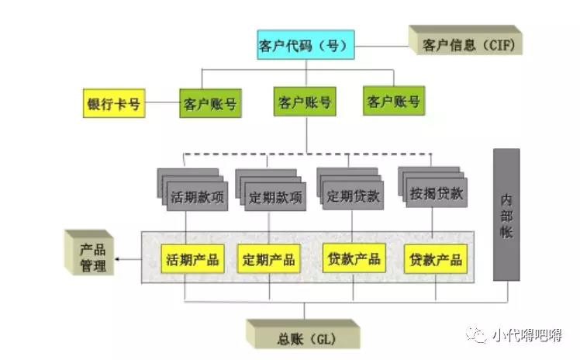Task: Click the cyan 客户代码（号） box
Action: tap(305, 45)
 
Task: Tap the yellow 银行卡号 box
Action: tap(113, 104)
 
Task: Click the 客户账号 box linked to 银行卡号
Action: tap(209, 104)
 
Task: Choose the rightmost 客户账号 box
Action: tap(394, 101)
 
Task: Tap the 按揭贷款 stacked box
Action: tap(434, 193)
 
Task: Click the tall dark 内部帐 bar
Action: tap(506, 213)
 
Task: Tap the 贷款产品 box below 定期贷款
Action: tap(353, 258)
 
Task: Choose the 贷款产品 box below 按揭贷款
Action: tap(436, 259)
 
